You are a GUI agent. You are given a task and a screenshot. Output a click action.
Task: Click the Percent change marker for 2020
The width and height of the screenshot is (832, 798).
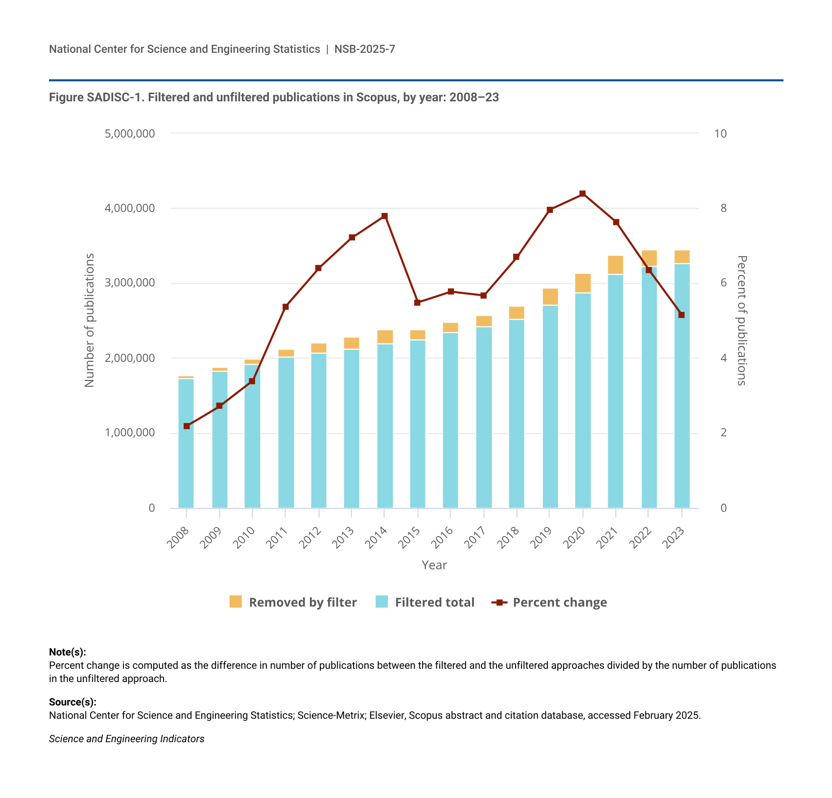pos(582,194)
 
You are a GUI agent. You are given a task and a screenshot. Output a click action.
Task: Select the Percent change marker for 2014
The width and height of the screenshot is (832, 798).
pos(384,216)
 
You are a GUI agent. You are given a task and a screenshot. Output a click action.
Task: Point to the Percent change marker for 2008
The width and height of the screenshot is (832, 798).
pos(187,426)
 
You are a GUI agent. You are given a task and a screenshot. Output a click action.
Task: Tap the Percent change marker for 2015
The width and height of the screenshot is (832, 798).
pos(417,303)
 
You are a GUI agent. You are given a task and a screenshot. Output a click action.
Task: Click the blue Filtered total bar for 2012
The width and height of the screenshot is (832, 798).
pos(319,430)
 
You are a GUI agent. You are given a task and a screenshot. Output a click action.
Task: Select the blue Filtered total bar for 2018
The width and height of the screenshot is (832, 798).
pos(517,414)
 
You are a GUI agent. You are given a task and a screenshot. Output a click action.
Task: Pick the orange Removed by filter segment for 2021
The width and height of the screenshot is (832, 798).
pos(616,265)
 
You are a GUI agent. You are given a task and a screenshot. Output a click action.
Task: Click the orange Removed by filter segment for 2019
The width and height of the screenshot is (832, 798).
pos(550,297)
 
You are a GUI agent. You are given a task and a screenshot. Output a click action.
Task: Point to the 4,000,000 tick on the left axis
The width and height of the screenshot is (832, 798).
pos(130,209)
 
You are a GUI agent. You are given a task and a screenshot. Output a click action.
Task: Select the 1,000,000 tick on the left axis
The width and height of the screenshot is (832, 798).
pos(130,433)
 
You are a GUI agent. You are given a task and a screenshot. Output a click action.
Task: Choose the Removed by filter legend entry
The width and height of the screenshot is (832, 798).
pos(293,602)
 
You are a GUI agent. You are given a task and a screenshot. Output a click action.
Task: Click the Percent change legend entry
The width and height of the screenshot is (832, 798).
pos(549,602)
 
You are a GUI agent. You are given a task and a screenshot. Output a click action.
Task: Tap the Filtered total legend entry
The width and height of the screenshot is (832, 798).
pos(425,602)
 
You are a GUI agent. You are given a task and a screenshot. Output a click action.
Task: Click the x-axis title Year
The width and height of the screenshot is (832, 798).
pos(434,565)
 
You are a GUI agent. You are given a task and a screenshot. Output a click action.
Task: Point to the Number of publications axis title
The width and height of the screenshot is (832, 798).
pos(89,320)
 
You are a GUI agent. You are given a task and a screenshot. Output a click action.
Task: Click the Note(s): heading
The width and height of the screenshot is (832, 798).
pos(68,652)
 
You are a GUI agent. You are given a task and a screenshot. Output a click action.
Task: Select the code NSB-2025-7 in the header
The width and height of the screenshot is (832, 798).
pos(365,49)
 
